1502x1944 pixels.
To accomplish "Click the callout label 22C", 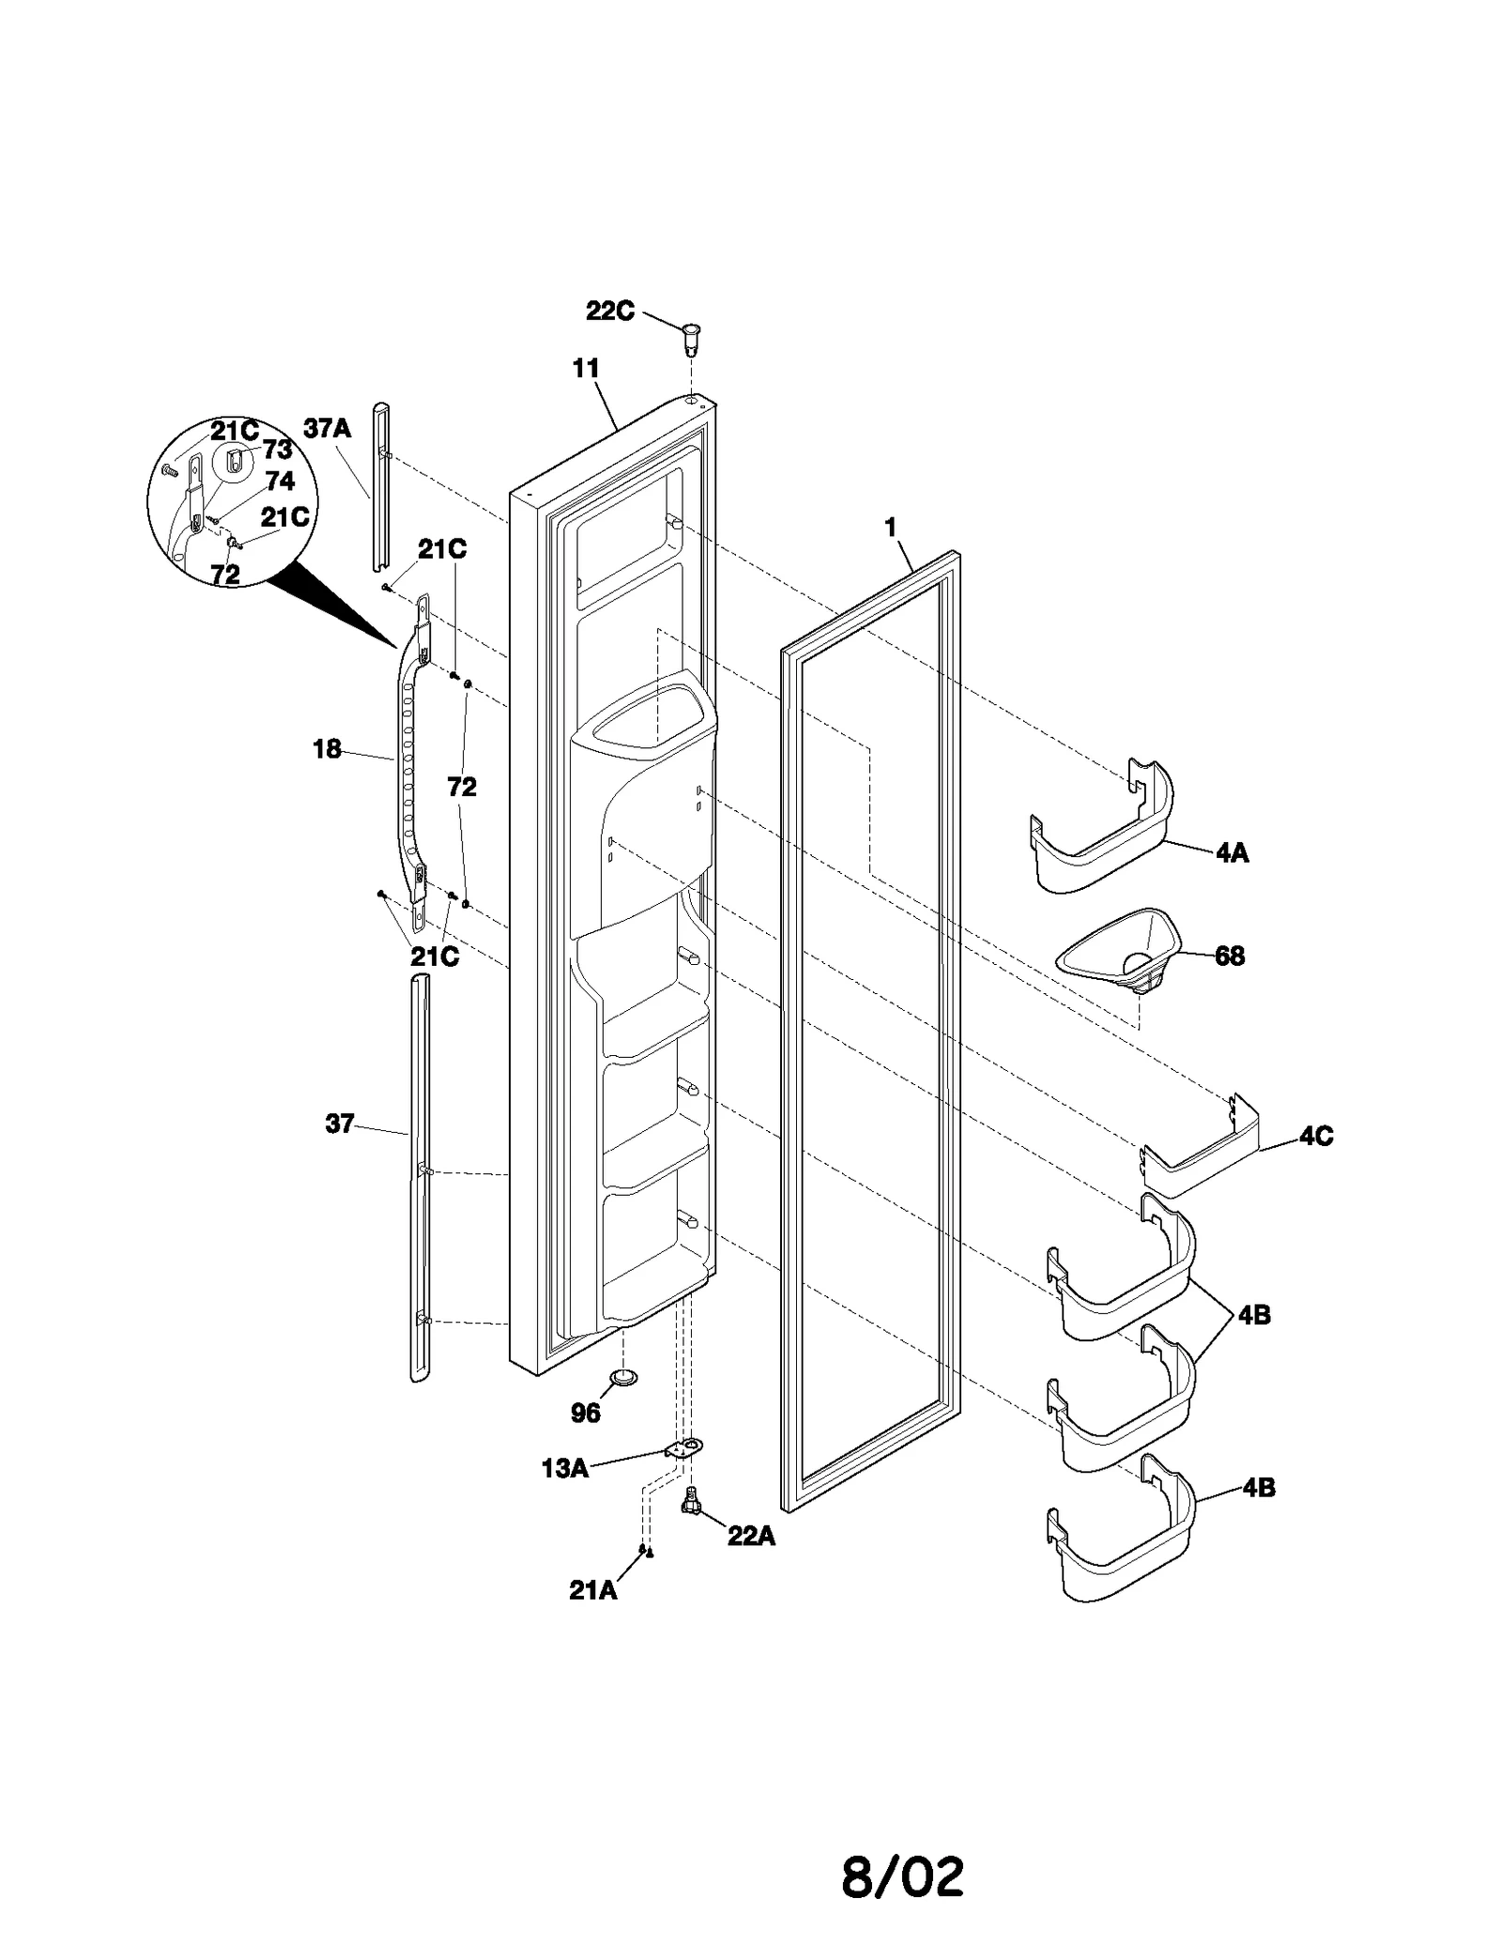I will pos(609,311).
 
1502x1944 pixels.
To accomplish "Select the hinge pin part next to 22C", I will pos(692,338).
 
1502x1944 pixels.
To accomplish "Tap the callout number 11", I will pos(586,369).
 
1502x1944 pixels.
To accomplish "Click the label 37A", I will pos(327,429).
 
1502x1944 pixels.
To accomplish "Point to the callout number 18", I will pos(327,749).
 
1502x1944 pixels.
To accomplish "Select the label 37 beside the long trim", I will pos(339,1124).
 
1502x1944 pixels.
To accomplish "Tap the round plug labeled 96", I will pos(622,1376).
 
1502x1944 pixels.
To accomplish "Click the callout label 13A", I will pos(564,1468).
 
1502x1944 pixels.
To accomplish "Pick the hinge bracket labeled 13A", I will pos(684,1448).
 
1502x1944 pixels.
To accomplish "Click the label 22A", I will pos(751,1537).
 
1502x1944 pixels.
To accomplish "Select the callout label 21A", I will pos(592,1590).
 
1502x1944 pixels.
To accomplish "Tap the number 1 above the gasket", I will pos(890,528).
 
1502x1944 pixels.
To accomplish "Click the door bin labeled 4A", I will pos(1098,835).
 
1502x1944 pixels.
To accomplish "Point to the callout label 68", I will pos(1229,956).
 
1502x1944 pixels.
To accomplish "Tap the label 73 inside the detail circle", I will pos(277,450).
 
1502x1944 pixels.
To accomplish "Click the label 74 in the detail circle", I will pos(280,482).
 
